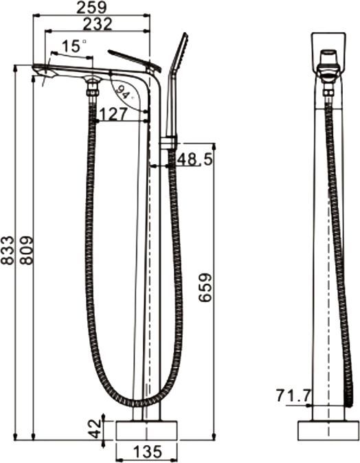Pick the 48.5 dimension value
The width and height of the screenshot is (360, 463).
(194, 159)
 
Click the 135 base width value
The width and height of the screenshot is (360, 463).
(146, 452)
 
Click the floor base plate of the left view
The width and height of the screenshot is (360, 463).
(146, 431)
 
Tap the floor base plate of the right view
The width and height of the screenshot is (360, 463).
(328, 431)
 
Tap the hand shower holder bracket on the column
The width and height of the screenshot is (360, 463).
(169, 143)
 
